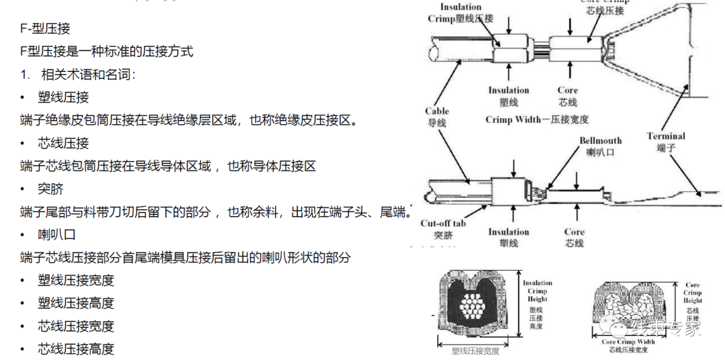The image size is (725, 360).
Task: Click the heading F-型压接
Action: [46, 30]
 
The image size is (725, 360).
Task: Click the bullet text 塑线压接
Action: [63, 97]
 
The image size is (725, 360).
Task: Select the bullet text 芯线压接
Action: [63, 143]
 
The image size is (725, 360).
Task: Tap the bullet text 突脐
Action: [51, 189]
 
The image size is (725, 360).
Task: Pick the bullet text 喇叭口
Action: [57, 234]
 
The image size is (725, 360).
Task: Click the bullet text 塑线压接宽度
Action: [76, 280]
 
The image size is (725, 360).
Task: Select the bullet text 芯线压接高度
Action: [76, 349]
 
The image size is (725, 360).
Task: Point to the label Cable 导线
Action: [437, 117]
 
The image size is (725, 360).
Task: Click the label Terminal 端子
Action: [666, 142]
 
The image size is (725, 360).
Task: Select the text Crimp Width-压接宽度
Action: [537, 120]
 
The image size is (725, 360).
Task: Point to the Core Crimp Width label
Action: [628, 345]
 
